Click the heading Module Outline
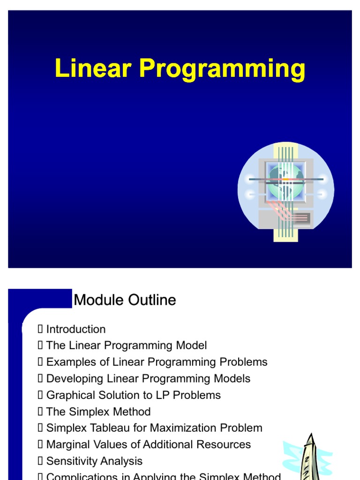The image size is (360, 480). point(125,300)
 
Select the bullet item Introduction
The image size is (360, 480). point(75,329)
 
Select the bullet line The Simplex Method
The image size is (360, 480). point(98,412)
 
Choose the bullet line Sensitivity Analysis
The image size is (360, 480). point(94,461)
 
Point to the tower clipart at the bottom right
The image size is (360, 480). point(309,457)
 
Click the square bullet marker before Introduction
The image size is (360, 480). point(40,329)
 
